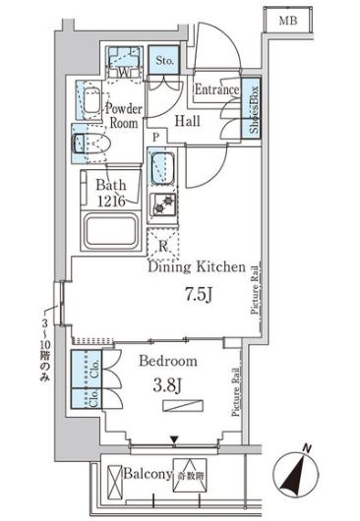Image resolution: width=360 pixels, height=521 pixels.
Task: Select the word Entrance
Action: (216, 90)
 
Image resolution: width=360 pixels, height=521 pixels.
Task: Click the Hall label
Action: (189, 121)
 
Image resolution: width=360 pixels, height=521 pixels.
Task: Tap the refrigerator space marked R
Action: (162, 246)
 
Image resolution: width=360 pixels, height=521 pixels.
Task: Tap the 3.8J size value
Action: (168, 384)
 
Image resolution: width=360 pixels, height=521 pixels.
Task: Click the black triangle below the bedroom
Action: (174, 440)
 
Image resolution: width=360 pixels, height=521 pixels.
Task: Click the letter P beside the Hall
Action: (153, 137)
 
